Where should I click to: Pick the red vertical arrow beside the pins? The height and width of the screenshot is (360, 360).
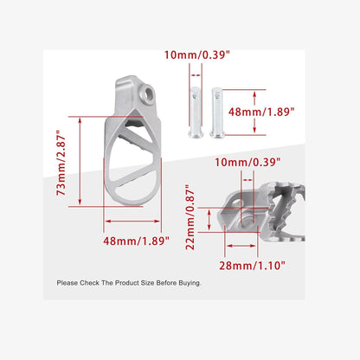[254, 110]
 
